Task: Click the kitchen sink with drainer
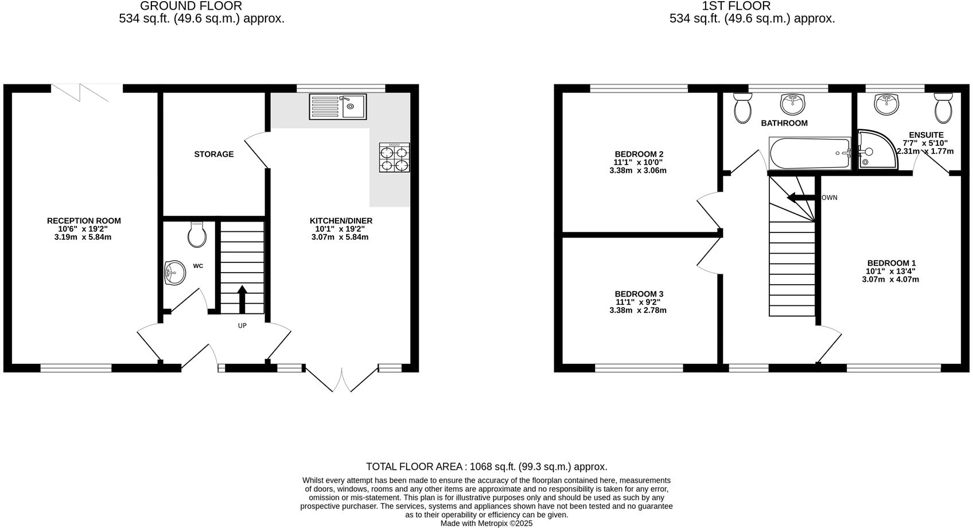337,107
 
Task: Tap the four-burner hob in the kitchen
394,158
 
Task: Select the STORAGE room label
213,154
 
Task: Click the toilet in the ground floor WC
197,235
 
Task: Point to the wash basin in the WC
174,273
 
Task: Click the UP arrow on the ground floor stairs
242,298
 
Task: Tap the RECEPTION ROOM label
84,221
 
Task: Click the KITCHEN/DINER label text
341,221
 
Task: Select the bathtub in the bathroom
809,153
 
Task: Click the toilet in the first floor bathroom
742,108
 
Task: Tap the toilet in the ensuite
943,108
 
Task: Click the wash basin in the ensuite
886,104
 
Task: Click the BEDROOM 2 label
639,154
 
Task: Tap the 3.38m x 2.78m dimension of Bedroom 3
637,310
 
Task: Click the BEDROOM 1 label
891,263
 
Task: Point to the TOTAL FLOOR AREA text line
487,467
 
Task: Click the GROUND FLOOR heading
191,6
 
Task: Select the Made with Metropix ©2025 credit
487,523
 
